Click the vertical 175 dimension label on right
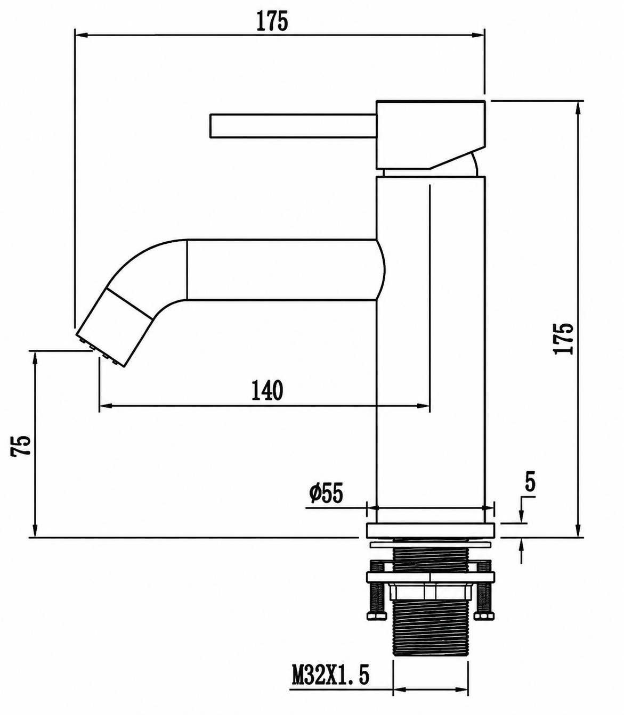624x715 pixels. [563, 338]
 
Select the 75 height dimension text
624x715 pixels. [21, 446]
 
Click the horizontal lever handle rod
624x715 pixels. [293, 125]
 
